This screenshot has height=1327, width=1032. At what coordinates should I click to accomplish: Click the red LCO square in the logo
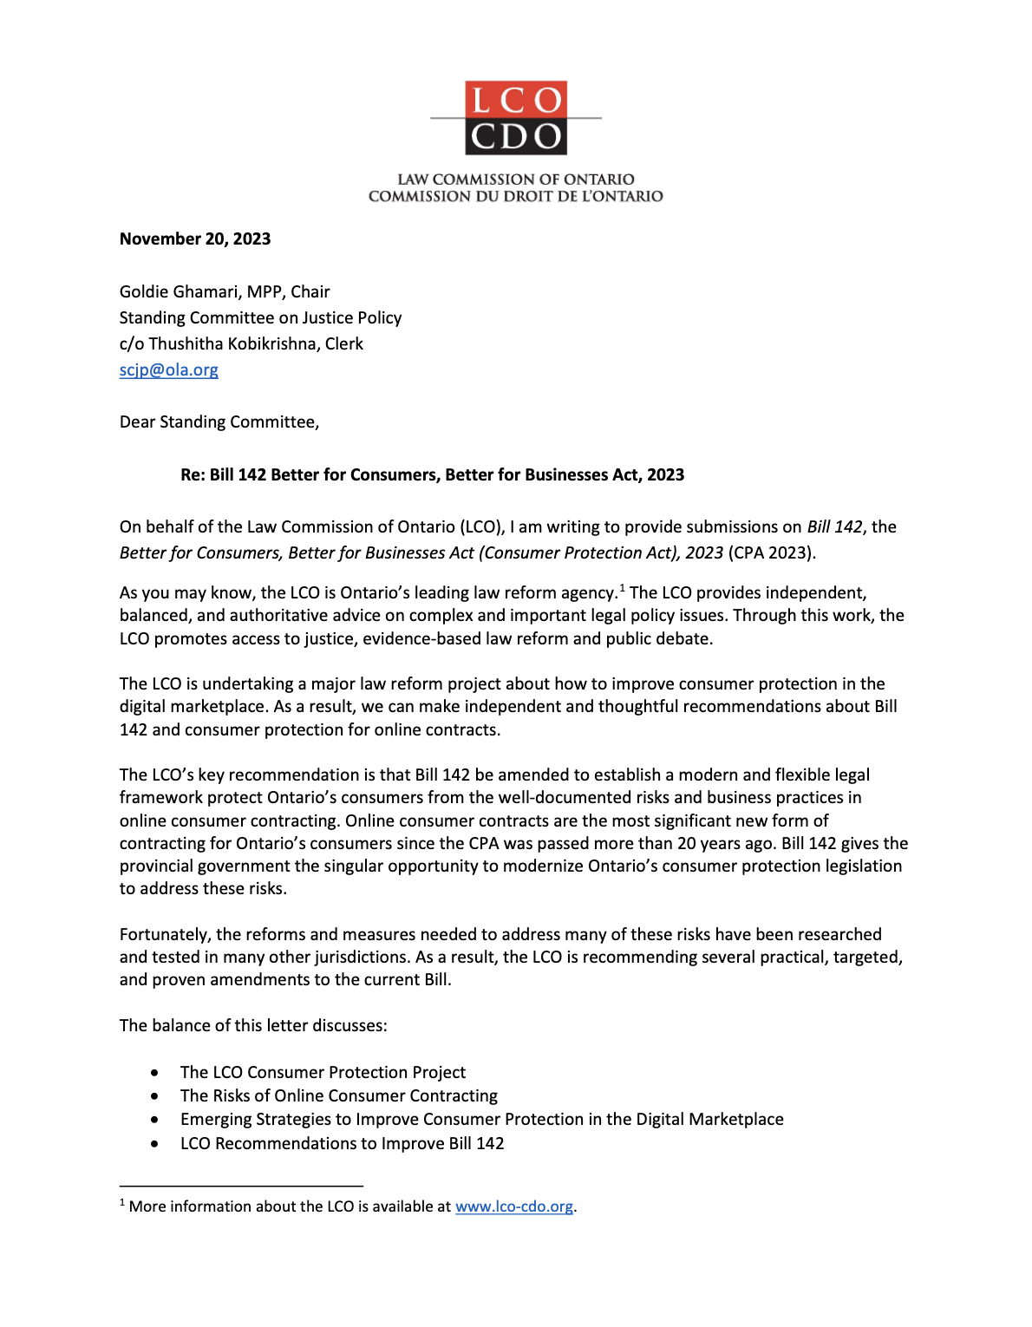[x=516, y=100]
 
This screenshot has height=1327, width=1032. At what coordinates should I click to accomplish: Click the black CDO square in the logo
[x=516, y=137]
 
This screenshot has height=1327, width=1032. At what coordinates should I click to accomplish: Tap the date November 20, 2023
[x=195, y=239]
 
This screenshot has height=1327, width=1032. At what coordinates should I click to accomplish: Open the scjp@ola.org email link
[x=169, y=370]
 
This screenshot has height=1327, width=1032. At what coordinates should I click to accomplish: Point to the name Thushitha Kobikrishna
[x=232, y=344]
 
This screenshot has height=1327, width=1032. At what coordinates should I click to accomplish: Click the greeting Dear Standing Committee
[x=219, y=422]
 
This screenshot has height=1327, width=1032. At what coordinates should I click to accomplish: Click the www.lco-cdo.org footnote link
[x=514, y=1206]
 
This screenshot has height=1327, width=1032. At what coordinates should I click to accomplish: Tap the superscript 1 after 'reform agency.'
[x=622, y=589]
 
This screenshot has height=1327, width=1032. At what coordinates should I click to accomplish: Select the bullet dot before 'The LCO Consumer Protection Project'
[x=154, y=1073]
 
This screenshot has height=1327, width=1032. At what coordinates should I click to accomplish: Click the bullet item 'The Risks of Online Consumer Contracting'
[x=339, y=1096]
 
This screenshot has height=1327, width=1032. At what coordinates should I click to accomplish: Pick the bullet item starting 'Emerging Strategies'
[x=481, y=1120]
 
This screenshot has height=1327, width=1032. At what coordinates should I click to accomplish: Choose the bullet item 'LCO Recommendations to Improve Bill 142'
[x=342, y=1144]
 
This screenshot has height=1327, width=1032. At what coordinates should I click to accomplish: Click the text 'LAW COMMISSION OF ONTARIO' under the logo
[x=516, y=180]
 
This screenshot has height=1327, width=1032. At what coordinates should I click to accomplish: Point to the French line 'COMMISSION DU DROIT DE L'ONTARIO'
[x=516, y=197]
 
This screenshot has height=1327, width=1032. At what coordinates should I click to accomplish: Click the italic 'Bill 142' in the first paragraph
[x=834, y=527]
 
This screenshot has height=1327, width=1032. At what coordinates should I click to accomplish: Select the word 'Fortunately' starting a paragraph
[x=163, y=935]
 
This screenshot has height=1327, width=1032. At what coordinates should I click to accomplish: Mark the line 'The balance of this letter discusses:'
[x=253, y=1026]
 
